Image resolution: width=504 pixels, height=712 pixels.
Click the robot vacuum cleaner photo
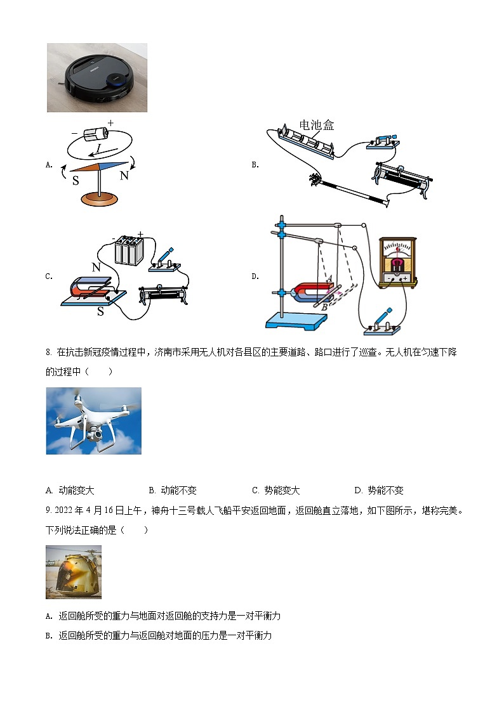96,77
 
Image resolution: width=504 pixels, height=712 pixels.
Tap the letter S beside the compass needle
76,180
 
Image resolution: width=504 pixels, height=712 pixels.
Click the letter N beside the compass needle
124,176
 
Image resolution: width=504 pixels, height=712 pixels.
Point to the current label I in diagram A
98,150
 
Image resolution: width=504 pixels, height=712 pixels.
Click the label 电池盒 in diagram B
317,125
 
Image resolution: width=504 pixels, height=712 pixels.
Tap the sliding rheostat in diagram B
404,174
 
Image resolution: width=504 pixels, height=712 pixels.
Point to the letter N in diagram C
96,267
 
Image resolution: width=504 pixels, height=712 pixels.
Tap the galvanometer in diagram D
397,263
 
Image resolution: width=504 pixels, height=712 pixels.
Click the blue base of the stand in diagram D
294,320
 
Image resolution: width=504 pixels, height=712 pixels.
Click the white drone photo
94,420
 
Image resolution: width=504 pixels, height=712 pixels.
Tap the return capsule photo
74,572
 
